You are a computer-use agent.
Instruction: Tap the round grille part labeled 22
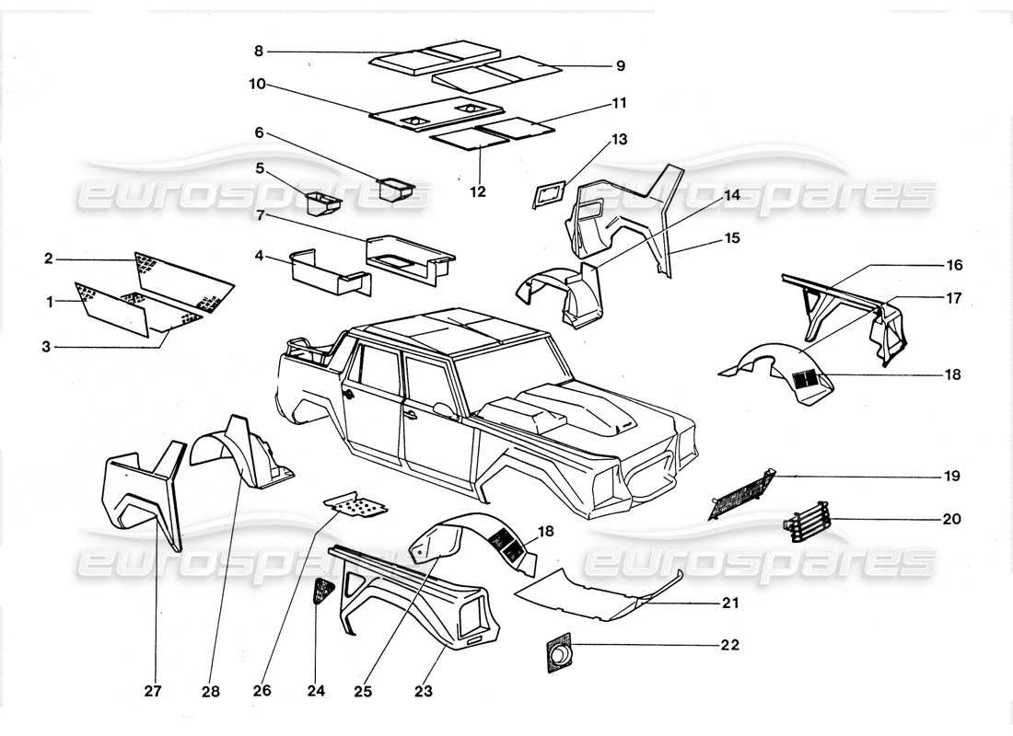coord(558,654)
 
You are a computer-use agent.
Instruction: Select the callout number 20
coord(951,519)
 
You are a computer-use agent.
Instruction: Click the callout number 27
coord(153,691)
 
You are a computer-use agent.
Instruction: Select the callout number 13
coord(619,140)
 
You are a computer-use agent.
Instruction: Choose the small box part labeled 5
coord(321,201)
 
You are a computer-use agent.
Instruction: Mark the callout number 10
coord(256,84)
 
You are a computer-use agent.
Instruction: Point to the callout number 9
coord(620,65)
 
